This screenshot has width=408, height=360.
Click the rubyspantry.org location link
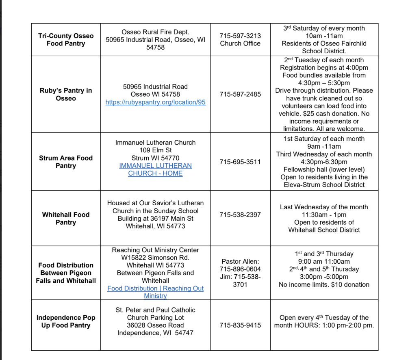coord(155,102)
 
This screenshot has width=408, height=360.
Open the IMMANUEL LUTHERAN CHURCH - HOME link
coord(155,169)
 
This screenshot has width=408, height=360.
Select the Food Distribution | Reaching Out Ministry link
coord(155,292)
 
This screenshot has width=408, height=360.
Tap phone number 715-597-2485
coord(240,94)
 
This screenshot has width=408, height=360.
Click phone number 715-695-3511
coord(240,162)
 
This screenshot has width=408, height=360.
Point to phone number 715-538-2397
coord(240,215)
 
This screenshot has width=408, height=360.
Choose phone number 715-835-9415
coord(240,325)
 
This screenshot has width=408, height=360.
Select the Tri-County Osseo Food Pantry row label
coord(66,40)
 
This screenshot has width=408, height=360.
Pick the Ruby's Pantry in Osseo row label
coord(66,94)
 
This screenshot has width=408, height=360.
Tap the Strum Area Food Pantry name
coord(66,162)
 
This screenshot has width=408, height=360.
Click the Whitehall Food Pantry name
coord(66,218)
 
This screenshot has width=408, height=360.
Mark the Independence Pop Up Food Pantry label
coord(66,321)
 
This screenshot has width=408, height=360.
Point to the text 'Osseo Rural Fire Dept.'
coord(155,32)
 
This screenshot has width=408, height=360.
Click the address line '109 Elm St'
coord(155,150)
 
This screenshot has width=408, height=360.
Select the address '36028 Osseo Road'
coord(155,325)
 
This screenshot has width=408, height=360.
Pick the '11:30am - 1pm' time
coord(324,215)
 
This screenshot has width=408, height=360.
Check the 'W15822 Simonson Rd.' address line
coord(155,258)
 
